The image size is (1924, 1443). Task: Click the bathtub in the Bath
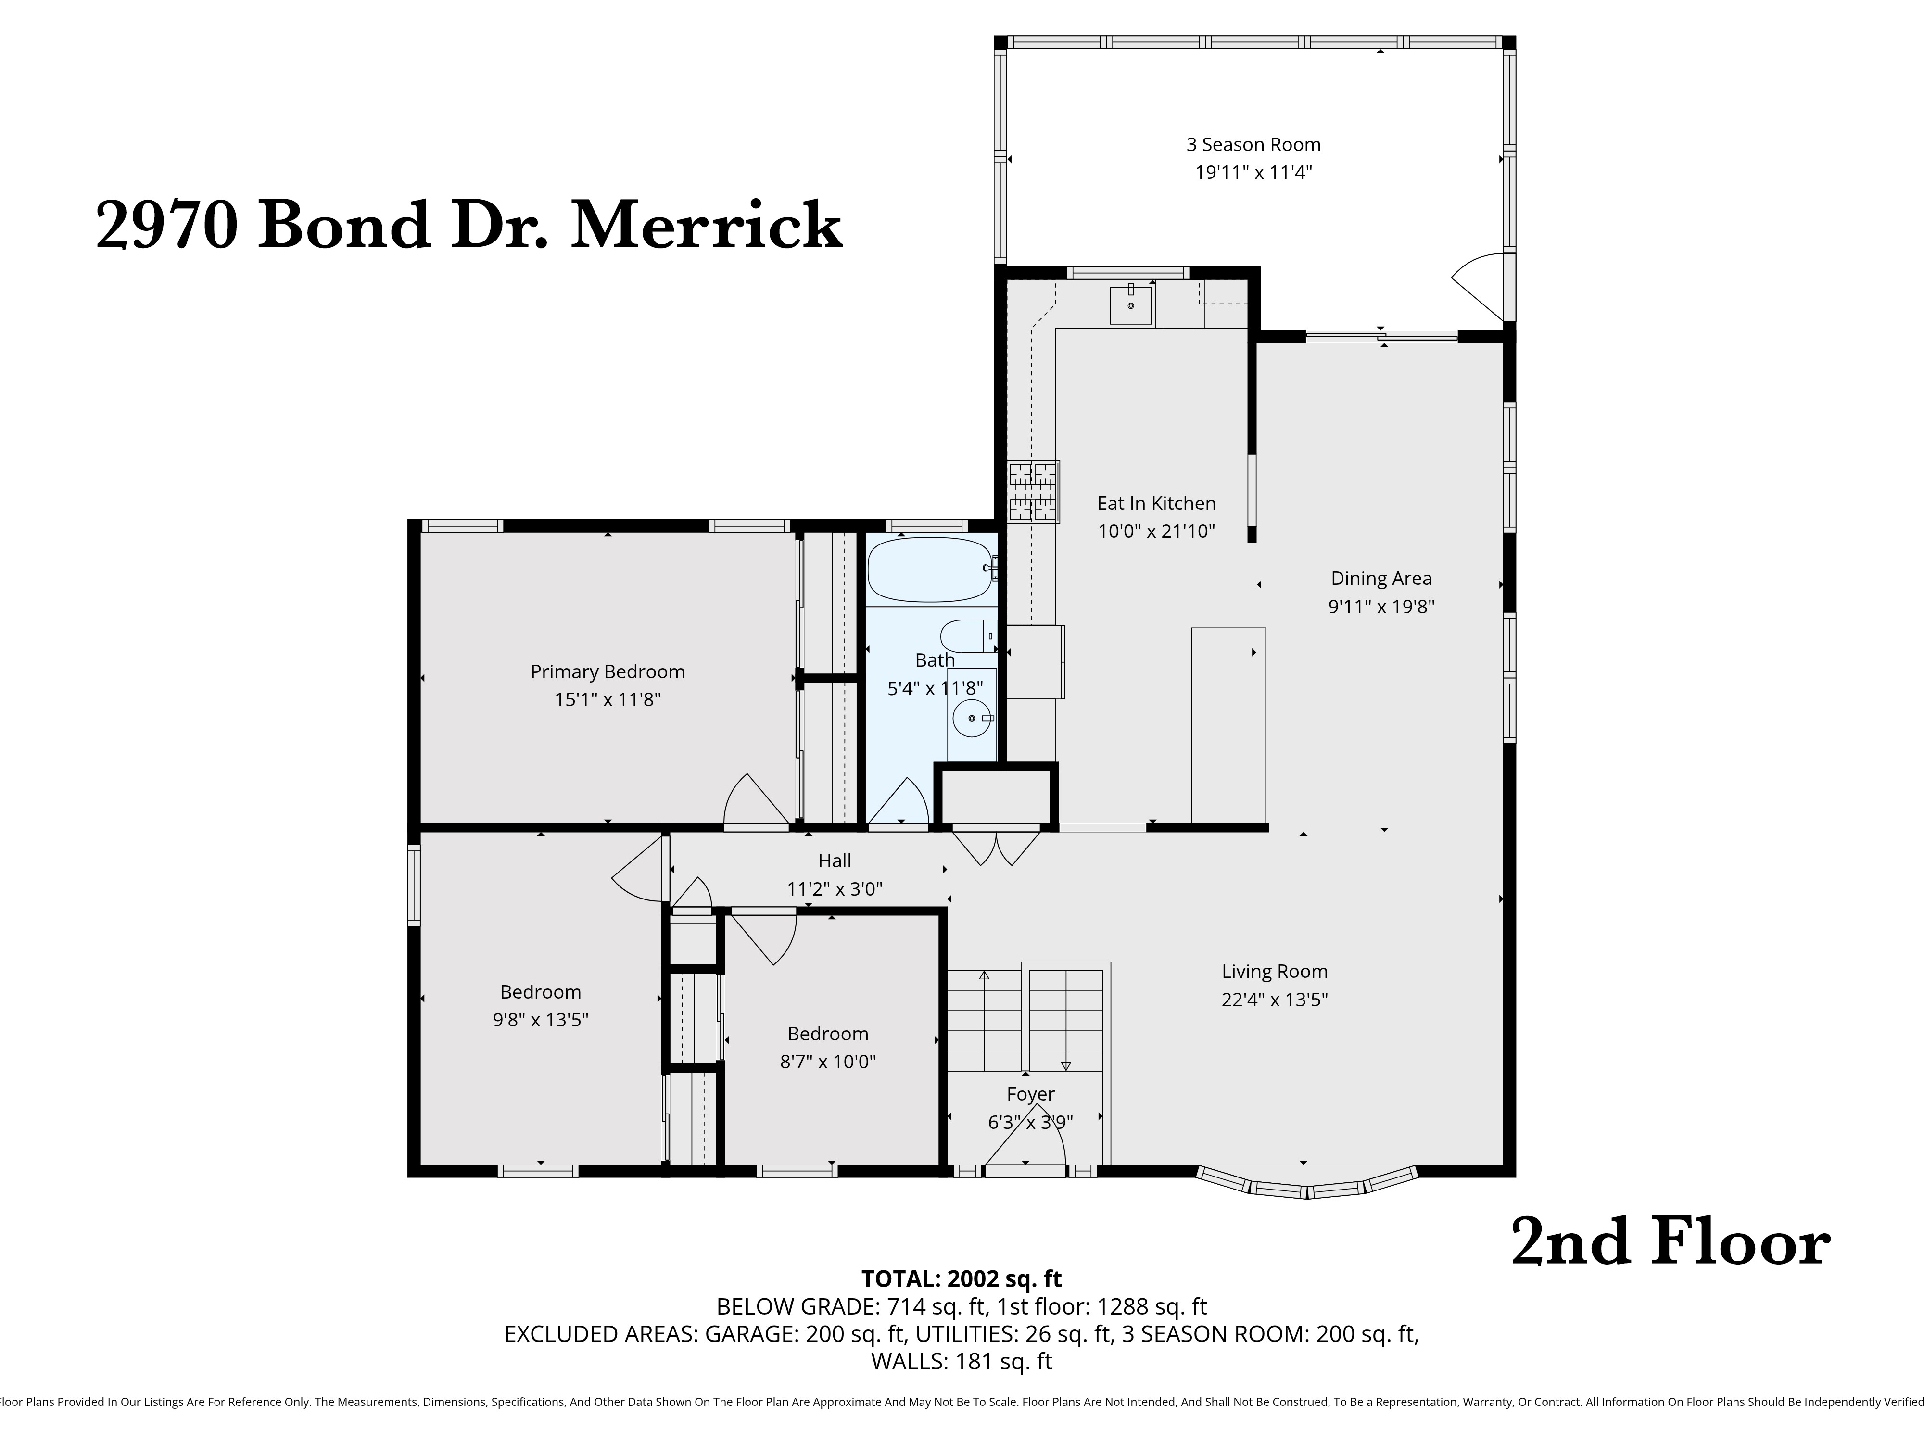tap(929, 570)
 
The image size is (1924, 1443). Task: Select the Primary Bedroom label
tap(607, 671)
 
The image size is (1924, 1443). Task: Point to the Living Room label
tap(1274, 972)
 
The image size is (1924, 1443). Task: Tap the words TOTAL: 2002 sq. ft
tap(961, 1278)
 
